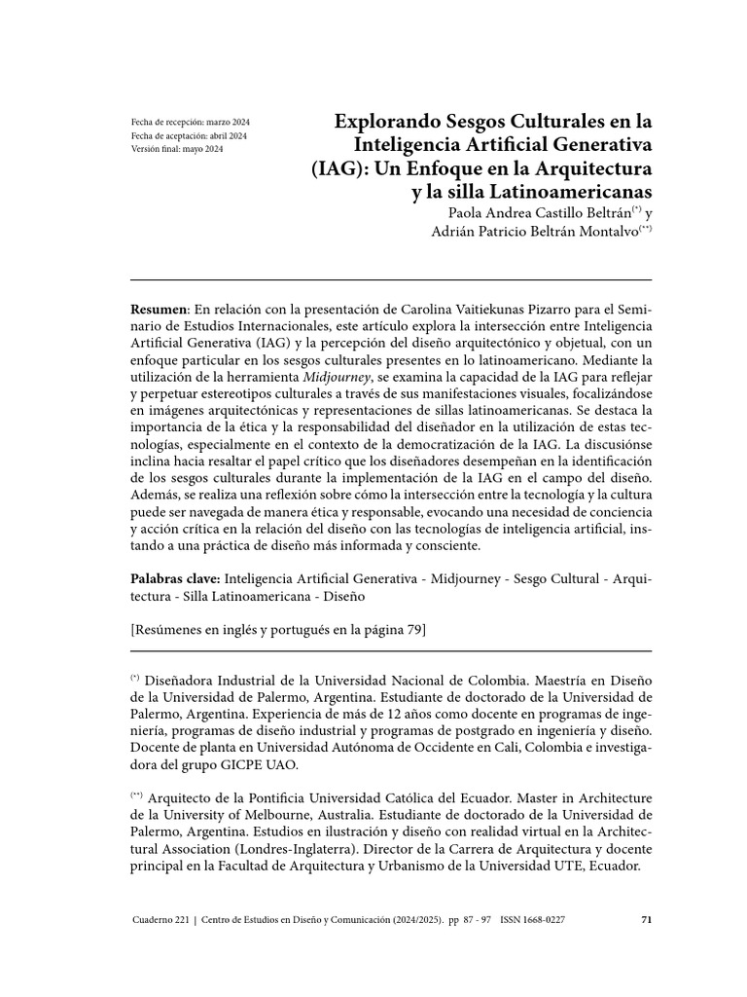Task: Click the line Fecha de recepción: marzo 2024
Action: (190, 122)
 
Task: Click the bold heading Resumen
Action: (160, 309)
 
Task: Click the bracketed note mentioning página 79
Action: (278, 629)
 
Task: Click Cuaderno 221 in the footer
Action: (161, 919)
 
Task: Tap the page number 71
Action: (646, 919)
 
